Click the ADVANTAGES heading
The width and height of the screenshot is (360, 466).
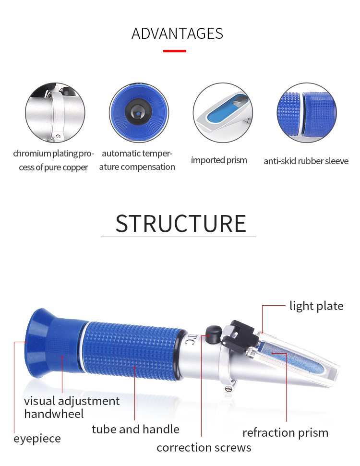[x=177, y=34]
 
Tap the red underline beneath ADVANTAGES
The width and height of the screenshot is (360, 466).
[x=174, y=51]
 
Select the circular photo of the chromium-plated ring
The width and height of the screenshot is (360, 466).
[x=55, y=113]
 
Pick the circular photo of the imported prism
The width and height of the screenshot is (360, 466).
[x=222, y=113]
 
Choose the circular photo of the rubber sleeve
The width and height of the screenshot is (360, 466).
[x=306, y=113]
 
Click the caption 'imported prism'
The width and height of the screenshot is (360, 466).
[x=219, y=160]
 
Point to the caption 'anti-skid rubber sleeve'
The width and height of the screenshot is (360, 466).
[x=306, y=161]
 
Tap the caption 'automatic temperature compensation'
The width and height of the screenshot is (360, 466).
[x=138, y=160]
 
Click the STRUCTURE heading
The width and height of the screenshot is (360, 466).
[x=180, y=224]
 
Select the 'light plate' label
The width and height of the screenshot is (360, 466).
[x=316, y=306]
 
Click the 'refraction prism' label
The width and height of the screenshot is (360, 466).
[x=285, y=433]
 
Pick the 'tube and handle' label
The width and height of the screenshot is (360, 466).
[x=135, y=429]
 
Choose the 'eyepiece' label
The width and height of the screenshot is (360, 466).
[x=37, y=439]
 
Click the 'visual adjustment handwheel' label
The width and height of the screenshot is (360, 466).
[x=72, y=407]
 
